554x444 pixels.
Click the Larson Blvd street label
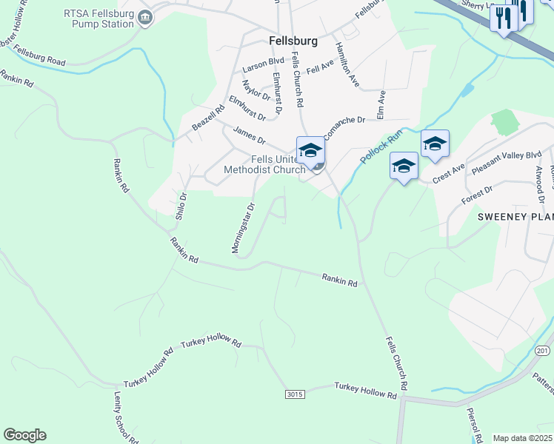[263, 63]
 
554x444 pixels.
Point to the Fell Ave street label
[321, 67]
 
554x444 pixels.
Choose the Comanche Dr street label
[344, 121]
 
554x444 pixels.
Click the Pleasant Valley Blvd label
[507, 162]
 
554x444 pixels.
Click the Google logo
[24, 435]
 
